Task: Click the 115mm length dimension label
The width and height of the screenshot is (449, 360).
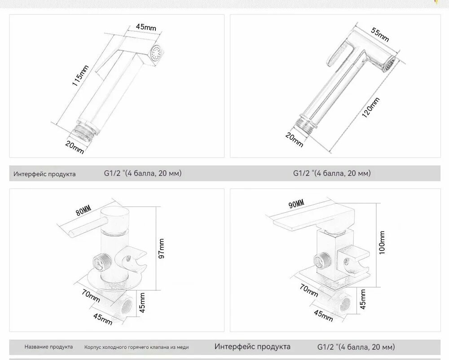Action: click(80, 75)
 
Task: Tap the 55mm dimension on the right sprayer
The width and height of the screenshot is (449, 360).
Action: click(380, 35)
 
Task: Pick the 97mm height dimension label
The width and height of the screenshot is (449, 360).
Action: click(162, 248)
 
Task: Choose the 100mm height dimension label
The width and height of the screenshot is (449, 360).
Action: click(382, 243)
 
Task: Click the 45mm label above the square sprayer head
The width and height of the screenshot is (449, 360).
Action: click(146, 27)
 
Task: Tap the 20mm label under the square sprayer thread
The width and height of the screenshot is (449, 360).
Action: click(75, 147)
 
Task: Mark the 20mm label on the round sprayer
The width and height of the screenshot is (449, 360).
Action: click(294, 140)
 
